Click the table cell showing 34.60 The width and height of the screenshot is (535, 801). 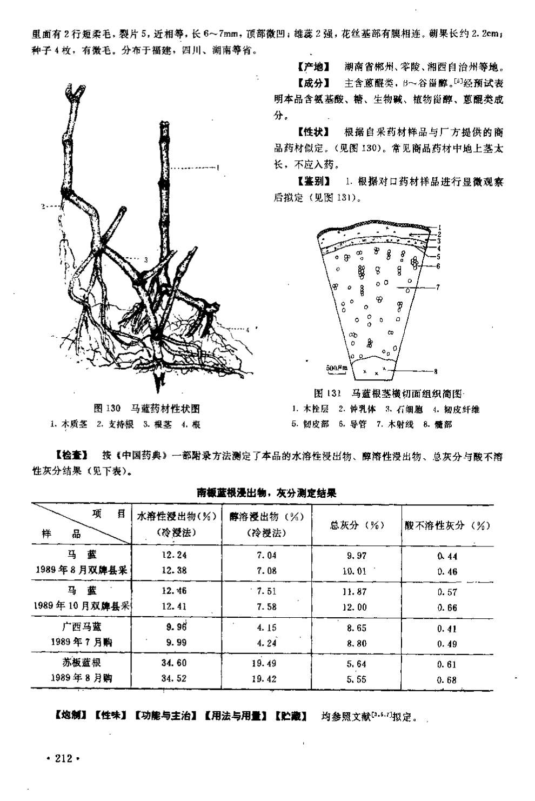click(174, 663)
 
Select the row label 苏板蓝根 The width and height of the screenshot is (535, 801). click(81, 662)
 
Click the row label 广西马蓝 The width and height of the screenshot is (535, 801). click(81, 626)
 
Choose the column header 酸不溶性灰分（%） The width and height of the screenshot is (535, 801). click(447, 525)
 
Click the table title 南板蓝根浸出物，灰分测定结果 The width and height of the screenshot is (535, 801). click(266, 492)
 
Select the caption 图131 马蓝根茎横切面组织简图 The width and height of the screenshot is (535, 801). click(389, 393)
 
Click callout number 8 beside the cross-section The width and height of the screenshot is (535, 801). click(436, 371)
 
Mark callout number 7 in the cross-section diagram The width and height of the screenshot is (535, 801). click(438, 288)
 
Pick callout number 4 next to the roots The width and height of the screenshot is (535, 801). click(247, 329)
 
